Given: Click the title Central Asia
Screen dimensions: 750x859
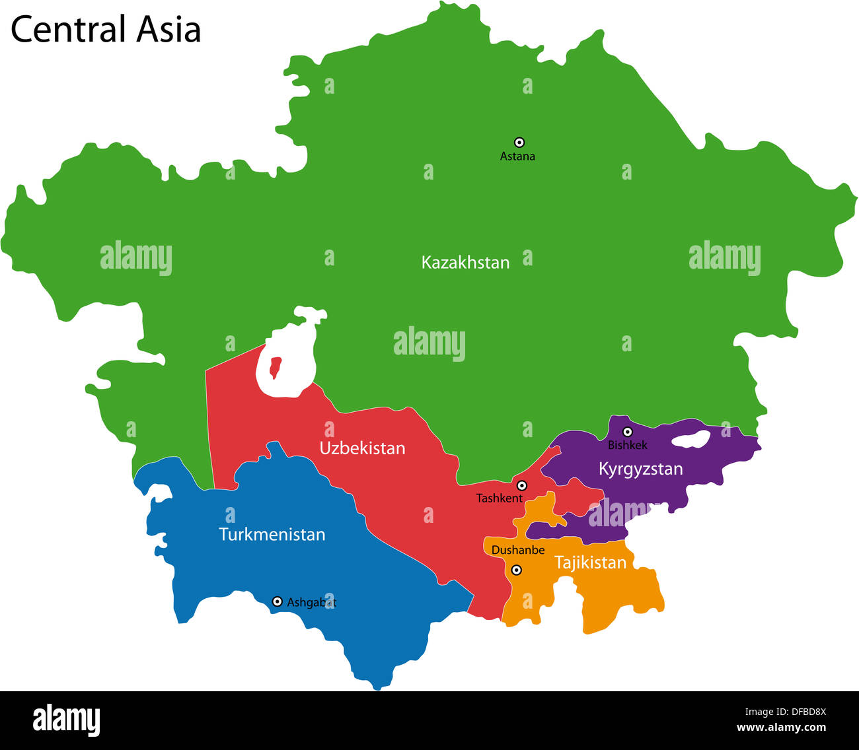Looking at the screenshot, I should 106,30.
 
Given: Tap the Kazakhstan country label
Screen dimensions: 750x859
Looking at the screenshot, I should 465,263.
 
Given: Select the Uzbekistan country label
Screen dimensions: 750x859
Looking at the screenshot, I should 362,448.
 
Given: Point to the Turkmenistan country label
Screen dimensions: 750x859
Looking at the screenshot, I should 272,534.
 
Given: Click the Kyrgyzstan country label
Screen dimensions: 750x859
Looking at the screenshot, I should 640,469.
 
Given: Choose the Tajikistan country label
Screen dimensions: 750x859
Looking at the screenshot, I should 590,562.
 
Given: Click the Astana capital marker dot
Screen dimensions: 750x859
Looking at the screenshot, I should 519,142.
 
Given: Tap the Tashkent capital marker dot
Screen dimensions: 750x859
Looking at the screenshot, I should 521,485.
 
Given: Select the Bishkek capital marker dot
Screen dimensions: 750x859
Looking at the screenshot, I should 628,432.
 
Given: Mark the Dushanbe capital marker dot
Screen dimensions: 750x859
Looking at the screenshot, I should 517,570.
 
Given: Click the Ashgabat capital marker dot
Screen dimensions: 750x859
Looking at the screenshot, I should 277,601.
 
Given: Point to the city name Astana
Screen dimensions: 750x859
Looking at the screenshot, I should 517,156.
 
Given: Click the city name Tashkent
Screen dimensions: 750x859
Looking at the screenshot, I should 499,498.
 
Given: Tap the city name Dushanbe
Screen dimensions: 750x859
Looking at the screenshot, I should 518,550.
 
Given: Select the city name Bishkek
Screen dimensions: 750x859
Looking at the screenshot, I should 627,445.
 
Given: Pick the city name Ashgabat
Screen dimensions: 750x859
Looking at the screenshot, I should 311,602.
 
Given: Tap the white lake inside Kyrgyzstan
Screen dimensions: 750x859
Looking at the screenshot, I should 691,439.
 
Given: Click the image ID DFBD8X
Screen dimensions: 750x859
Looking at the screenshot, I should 786,712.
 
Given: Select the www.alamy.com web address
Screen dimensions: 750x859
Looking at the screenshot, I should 781,728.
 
